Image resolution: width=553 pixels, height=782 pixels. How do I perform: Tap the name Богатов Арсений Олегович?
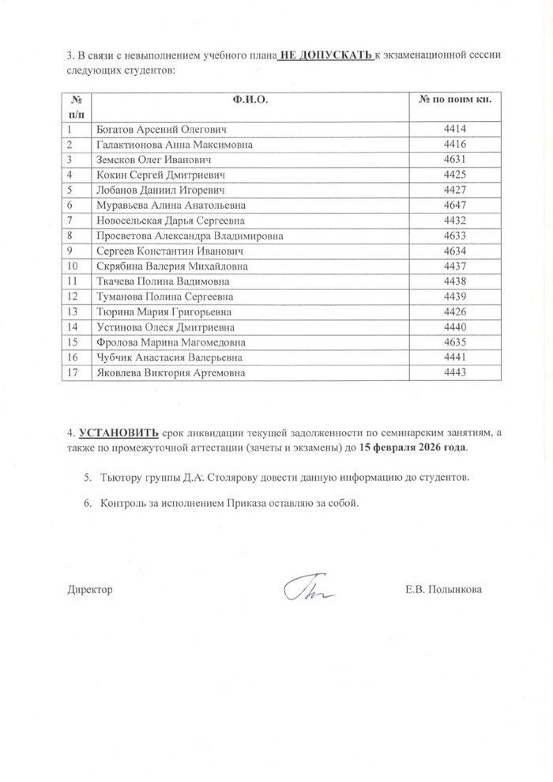161,129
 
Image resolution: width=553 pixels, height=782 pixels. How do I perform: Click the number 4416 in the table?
456,144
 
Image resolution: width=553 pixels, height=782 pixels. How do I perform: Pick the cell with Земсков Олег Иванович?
152,159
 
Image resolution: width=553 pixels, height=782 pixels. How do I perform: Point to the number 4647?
456,205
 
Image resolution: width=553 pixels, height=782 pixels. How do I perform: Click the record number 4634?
456,251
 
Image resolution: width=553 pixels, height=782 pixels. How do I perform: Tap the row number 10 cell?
73,266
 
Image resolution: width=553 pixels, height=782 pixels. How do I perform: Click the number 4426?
456,312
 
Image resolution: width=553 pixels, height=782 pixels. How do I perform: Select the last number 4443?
456,372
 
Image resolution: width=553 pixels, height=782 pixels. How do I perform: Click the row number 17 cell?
73,372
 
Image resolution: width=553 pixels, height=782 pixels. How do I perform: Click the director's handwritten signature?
309,589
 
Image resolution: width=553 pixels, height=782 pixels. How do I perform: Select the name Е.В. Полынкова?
442,589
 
